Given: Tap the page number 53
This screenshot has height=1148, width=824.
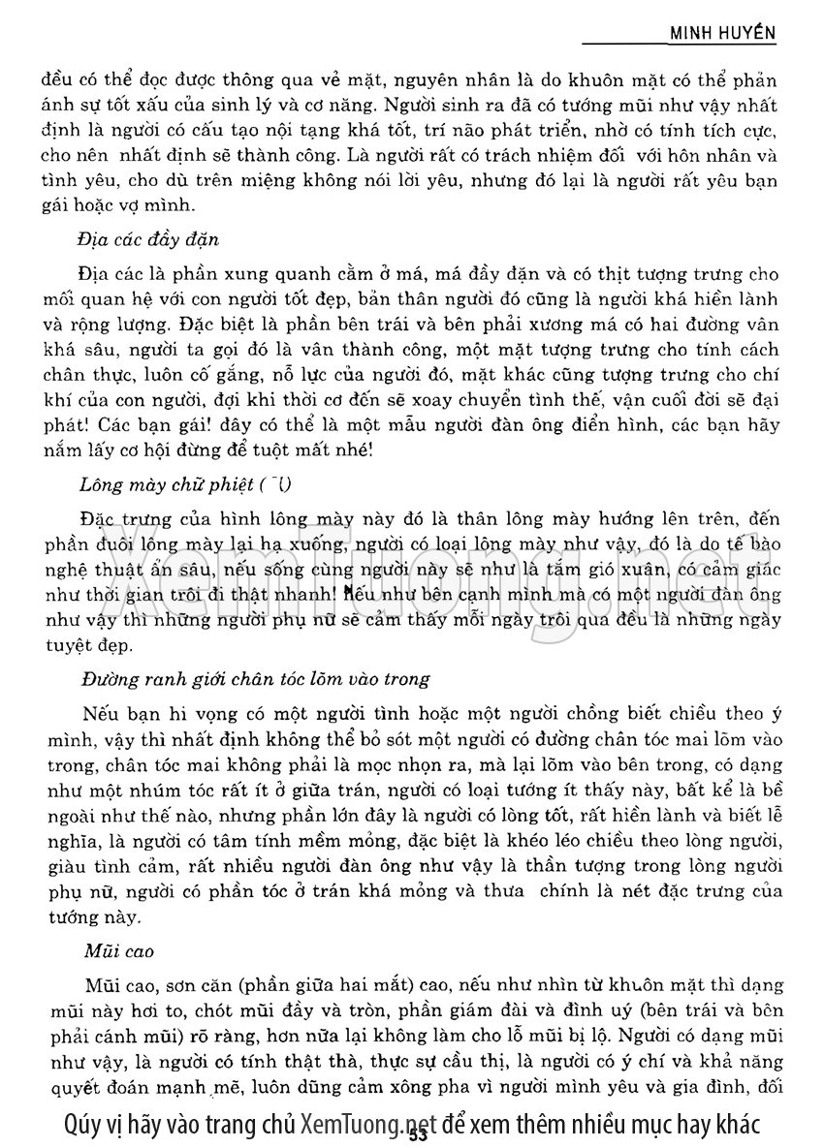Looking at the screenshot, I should [418, 1133].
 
